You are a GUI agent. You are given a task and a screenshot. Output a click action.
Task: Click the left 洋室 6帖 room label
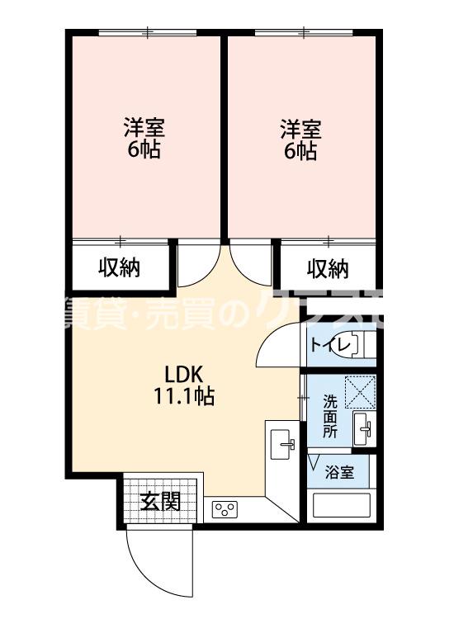point(144,139)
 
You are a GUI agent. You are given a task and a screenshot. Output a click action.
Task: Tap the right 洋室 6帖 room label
point(300,139)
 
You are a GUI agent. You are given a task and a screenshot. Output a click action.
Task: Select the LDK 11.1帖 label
point(183,384)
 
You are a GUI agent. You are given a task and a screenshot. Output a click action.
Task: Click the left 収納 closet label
point(120,267)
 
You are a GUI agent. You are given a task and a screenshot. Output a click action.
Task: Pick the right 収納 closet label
point(328,268)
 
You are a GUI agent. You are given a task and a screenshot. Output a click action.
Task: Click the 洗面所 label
point(329,416)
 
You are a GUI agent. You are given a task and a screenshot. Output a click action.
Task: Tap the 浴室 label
point(338,473)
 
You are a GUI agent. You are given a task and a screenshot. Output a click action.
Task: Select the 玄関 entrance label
point(159,501)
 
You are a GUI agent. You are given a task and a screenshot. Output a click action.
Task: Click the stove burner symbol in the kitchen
point(225,509)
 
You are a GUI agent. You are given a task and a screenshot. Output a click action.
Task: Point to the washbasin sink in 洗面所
point(364,428)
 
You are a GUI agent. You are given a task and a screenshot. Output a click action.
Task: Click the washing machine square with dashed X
point(361,392)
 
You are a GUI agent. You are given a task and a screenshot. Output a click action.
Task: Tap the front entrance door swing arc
point(149,555)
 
